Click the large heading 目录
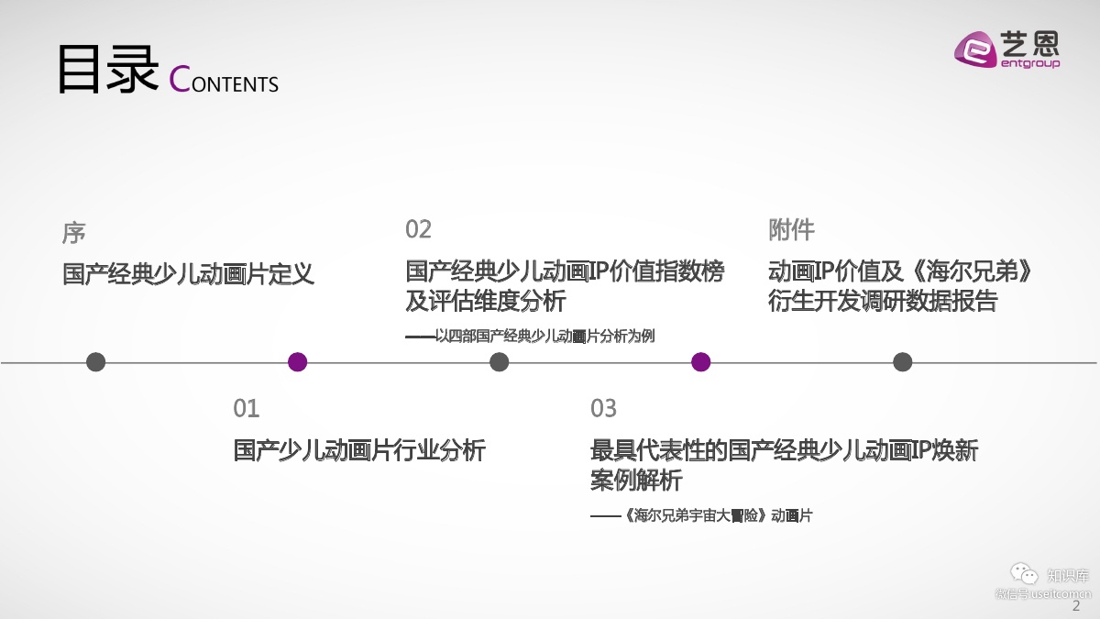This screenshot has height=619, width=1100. pyautogui.click(x=108, y=70)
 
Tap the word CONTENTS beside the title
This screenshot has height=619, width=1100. pyautogui.click(x=225, y=81)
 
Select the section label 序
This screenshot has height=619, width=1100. pyautogui.click(x=74, y=232)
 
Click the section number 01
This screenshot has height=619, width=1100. pyautogui.click(x=247, y=408)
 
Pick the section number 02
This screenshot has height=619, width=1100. pyautogui.click(x=418, y=229)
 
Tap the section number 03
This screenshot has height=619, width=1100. pyautogui.click(x=603, y=408)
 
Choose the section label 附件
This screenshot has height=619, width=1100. pyautogui.click(x=791, y=229)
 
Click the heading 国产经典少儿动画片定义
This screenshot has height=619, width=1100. pyautogui.click(x=188, y=273)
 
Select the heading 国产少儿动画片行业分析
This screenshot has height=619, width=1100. pyautogui.click(x=359, y=450)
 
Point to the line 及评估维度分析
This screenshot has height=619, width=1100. pyautogui.click(x=486, y=301)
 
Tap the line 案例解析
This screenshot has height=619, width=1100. pyautogui.click(x=636, y=480)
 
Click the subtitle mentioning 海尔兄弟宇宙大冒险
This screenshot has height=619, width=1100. pyautogui.click(x=701, y=515)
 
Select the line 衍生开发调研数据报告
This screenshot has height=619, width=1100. pyautogui.click(x=883, y=301)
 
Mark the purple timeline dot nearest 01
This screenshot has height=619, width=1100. pyautogui.click(x=297, y=362)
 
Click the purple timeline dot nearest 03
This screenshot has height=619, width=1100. pyautogui.click(x=701, y=362)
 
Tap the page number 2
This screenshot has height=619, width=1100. pyautogui.click(x=1076, y=607)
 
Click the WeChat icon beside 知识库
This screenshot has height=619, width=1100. pyautogui.click(x=1024, y=574)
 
